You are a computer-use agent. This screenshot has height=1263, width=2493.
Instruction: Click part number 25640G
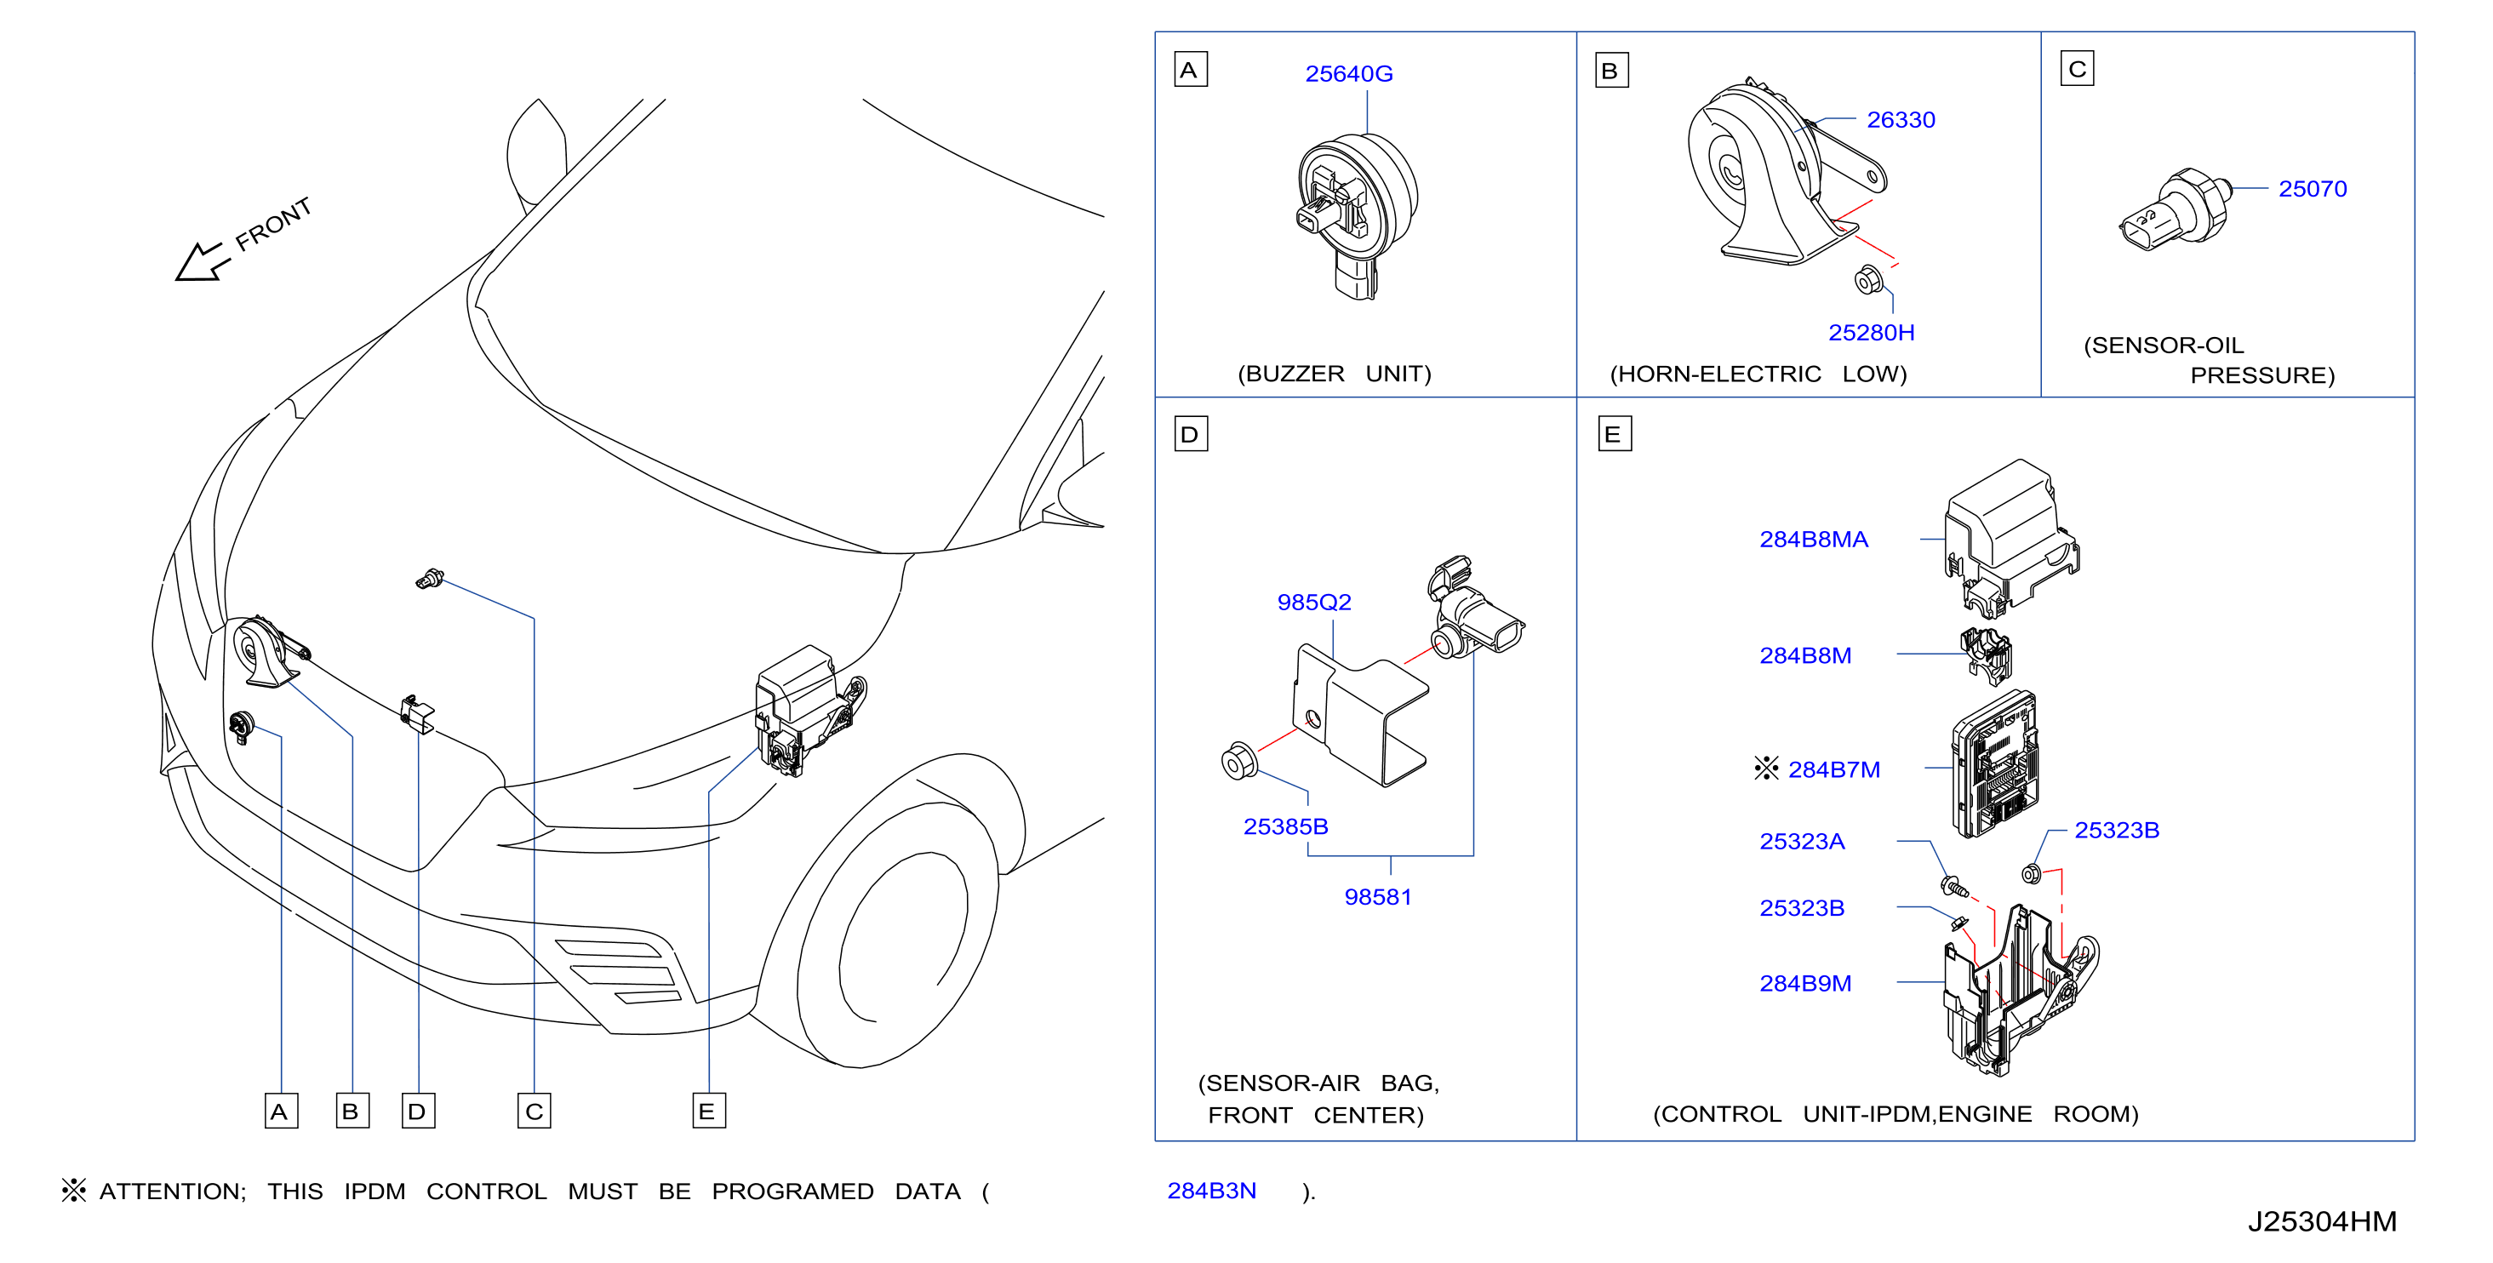pos(1348,73)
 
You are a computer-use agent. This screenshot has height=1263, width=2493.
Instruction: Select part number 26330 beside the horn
pos(1900,120)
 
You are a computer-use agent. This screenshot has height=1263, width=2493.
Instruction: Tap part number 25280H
pos(1871,332)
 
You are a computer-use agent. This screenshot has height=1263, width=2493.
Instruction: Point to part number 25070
pos(2312,189)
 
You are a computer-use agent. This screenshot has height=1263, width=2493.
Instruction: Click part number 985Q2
pos(1313,602)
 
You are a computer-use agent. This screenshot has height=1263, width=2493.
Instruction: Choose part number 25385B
pos(1285,826)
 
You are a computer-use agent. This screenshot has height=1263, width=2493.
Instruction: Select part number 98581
pos(1377,897)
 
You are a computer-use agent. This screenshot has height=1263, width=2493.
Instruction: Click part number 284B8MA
pos(1813,539)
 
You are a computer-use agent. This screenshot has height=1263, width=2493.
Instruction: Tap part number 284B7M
pos(1833,769)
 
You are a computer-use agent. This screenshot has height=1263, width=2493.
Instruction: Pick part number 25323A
pos(1801,841)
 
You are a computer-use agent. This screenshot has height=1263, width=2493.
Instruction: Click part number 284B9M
pos(1805,983)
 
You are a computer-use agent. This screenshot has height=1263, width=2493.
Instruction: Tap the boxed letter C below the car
pos(534,1111)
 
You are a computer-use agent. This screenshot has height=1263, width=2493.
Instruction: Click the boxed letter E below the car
pos(708,1111)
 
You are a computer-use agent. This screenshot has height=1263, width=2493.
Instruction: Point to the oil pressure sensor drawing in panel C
pos(2176,210)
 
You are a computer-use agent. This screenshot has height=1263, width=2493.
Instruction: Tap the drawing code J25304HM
pos(2321,1221)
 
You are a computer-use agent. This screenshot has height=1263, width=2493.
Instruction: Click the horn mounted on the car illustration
pos(266,652)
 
